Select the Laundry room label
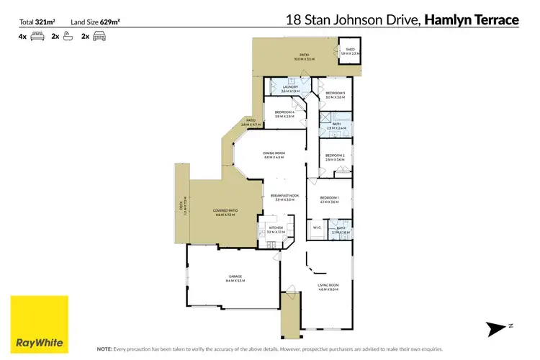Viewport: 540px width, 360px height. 290,89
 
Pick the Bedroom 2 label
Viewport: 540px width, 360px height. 336,158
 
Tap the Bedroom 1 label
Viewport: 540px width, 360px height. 329,199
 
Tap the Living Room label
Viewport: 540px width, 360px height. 328,287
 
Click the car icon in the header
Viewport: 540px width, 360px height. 99,35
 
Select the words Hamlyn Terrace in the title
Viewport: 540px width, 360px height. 472,20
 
